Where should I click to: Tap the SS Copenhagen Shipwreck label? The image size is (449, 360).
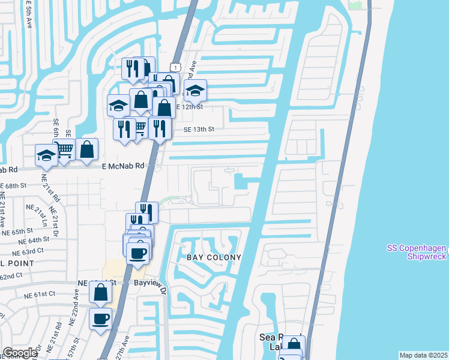pos(414,253)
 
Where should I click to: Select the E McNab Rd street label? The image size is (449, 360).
pos(123,166)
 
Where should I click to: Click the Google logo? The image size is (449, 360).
pos(20,353)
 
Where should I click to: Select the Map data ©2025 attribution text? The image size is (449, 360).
pos(423,355)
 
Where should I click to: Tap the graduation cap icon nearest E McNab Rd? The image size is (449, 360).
pos(46,155)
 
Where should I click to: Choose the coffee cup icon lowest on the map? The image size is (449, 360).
pos(101,318)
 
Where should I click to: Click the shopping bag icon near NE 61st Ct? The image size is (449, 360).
pos(101,292)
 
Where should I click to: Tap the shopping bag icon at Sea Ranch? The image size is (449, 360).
pos(294,346)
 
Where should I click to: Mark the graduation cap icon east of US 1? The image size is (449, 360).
pos(195,91)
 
